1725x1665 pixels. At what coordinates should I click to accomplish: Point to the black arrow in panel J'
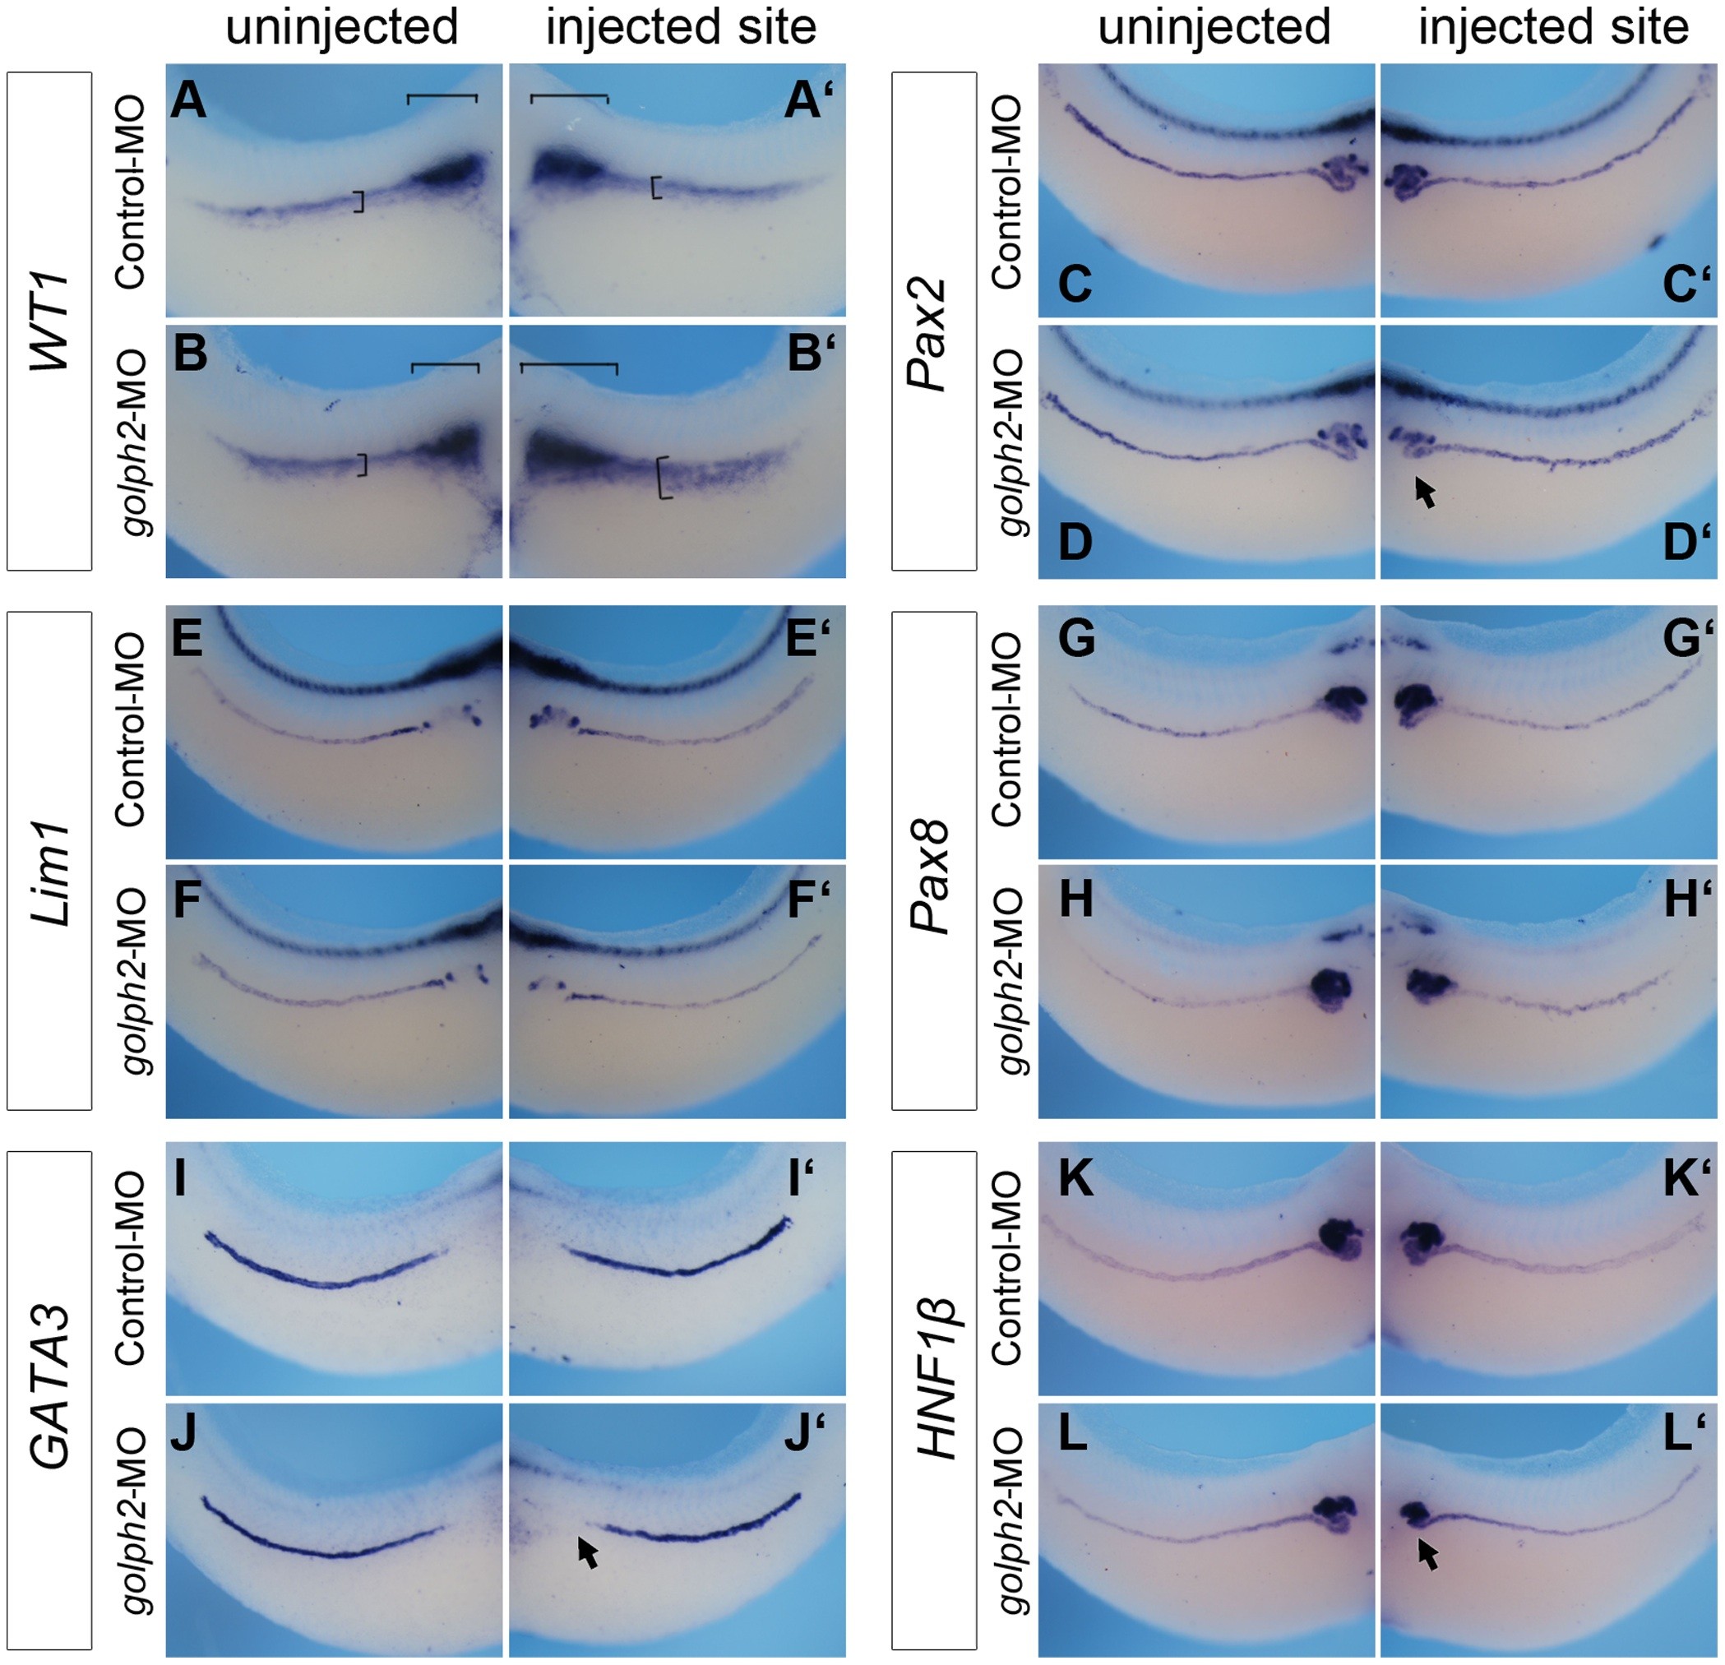[x=588, y=1552]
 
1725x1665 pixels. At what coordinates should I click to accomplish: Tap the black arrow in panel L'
[x=1428, y=1555]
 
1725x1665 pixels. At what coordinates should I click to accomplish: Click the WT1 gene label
[x=49, y=321]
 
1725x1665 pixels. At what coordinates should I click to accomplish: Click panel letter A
[x=188, y=101]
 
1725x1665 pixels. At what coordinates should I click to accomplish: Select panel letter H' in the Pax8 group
[x=1685, y=900]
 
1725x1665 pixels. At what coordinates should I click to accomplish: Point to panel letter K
[x=1075, y=1180]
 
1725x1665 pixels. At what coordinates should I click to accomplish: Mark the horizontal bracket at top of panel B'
[x=568, y=365]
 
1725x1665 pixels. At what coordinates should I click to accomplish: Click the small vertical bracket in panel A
[x=359, y=201]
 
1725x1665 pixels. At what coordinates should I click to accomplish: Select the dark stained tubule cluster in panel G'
[x=1413, y=704]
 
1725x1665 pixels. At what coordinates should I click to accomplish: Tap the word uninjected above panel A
[x=341, y=28]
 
